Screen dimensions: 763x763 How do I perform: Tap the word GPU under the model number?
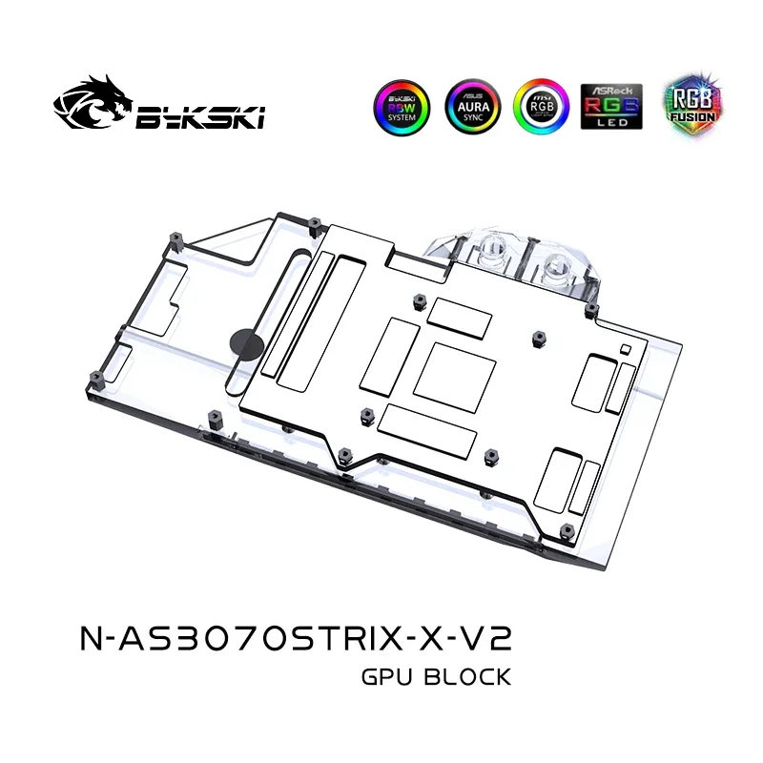point(389,678)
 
